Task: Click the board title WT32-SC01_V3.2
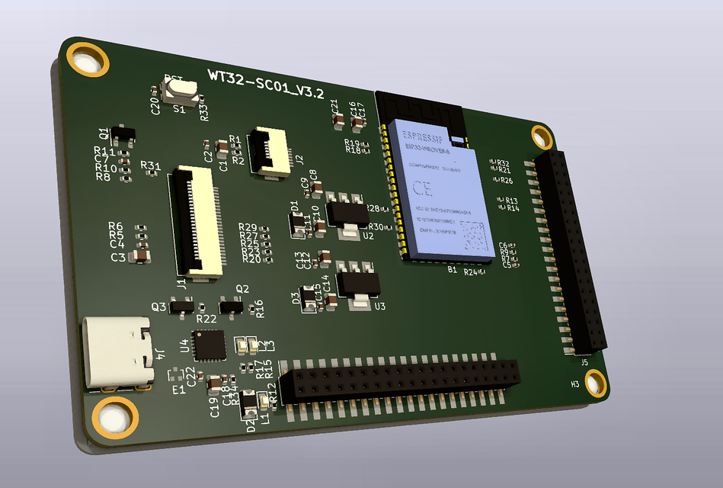coord(266,84)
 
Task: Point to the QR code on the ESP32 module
coord(475,236)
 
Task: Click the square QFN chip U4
coord(208,345)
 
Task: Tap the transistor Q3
coord(182,307)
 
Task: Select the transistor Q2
coord(230,306)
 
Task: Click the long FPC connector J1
coord(197,221)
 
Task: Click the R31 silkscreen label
coord(150,165)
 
